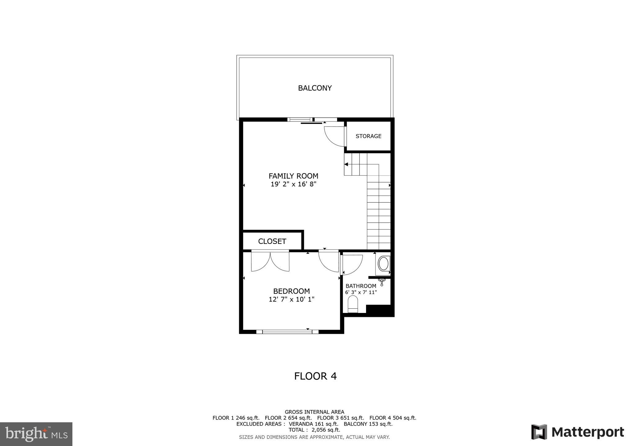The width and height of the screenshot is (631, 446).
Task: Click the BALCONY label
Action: (315, 88)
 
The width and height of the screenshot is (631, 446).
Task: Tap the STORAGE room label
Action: (368, 136)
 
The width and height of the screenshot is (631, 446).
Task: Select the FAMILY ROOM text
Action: (293, 176)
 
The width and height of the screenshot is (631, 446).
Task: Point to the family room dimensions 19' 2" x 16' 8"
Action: (293, 184)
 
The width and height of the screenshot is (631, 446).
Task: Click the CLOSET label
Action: (272, 241)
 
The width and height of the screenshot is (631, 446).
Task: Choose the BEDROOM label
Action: (291, 291)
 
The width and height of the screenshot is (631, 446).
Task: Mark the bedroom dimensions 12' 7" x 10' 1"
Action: (291, 299)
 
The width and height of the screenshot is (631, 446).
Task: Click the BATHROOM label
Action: (361, 286)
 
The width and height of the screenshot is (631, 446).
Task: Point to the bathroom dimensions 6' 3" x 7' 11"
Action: (361, 292)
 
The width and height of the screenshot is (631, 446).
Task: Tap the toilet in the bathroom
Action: (353, 304)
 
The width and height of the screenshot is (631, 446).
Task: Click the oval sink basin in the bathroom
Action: (383, 264)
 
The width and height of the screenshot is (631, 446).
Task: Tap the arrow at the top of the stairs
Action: (346, 164)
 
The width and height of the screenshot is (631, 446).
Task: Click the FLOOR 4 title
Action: (315, 376)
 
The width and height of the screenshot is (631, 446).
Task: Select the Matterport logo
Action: (577, 432)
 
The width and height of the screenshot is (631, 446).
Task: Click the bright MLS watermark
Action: (36, 434)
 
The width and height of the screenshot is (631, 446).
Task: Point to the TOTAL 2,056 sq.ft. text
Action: (314, 430)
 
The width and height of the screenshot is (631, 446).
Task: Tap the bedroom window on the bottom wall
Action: (287, 332)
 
